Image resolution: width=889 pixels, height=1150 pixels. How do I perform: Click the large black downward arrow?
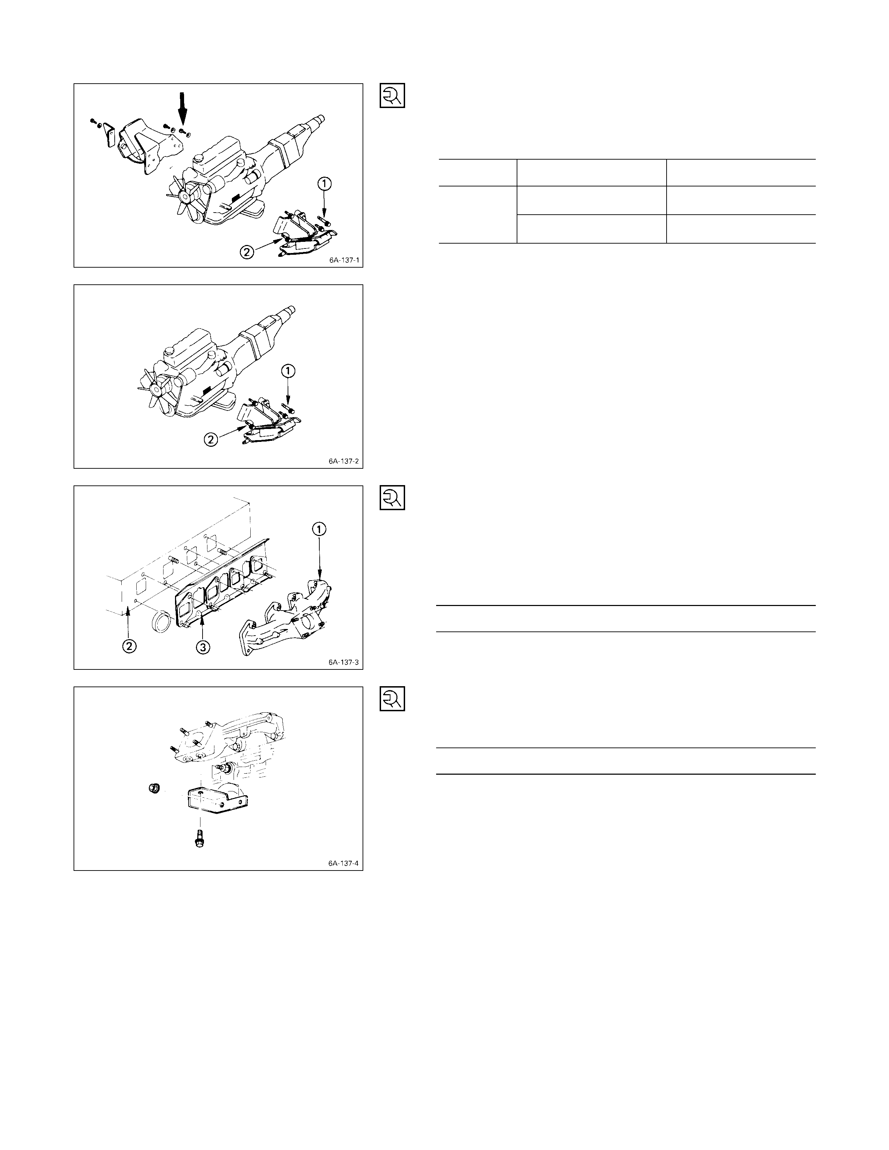point(182,108)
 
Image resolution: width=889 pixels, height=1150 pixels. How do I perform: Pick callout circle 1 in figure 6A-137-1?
point(325,184)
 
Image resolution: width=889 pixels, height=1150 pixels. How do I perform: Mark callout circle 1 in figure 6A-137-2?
point(288,371)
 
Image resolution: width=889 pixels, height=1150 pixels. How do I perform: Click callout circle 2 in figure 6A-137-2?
point(211,439)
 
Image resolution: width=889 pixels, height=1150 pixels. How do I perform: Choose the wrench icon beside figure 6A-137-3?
point(392,498)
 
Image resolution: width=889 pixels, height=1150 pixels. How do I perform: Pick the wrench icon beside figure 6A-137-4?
point(392,699)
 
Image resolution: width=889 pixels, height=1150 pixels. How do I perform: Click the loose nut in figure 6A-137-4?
point(154,788)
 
